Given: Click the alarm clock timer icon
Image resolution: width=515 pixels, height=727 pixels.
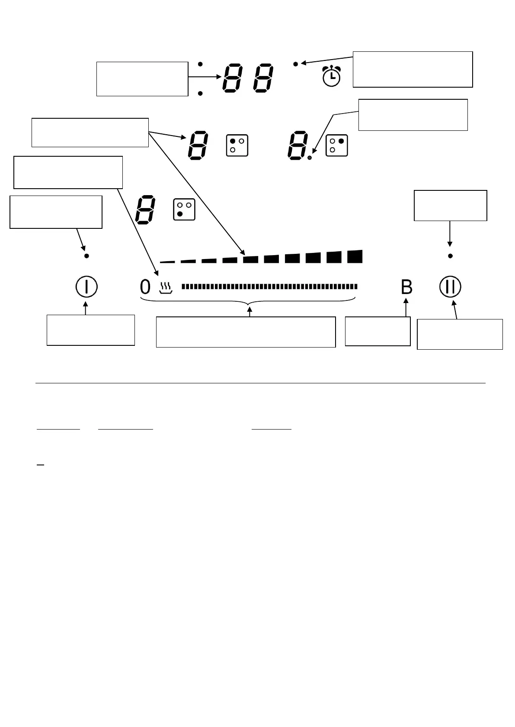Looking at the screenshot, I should point(331,76).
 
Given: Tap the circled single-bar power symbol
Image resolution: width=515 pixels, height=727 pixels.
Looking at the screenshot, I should point(86,287).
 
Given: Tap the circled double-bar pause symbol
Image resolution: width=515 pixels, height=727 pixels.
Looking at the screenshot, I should point(451,287).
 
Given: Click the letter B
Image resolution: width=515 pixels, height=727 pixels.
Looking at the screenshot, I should point(406,287).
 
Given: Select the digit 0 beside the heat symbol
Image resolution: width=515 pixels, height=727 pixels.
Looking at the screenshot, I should point(145,287).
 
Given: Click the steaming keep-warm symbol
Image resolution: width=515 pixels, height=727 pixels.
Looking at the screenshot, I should point(165,288).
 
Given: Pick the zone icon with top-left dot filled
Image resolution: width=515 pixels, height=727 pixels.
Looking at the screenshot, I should point(237,145).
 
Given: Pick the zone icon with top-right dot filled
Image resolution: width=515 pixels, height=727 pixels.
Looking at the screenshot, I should point(337,145).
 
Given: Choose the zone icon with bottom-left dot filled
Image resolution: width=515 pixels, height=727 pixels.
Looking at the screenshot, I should point(184,209).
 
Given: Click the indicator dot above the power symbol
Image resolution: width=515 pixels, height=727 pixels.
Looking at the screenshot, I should point(86,256).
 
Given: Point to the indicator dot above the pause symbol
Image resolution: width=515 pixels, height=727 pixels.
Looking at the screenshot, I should point(450,256).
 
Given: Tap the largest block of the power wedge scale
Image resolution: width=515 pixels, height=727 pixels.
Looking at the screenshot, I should point(355,256).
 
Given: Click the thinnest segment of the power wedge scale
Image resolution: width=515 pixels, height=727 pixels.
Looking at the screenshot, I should point(167,262).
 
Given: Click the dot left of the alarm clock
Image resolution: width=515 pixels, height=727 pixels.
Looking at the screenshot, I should point(296,64).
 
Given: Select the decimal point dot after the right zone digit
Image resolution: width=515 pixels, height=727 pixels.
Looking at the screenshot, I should point(310,158).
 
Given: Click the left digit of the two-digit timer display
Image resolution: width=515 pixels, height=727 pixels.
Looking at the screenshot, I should point(234,78).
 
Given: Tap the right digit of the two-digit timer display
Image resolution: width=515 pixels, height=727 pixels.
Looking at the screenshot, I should point(263,78).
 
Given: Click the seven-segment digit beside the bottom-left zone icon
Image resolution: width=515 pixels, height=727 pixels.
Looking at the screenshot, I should point(145,209).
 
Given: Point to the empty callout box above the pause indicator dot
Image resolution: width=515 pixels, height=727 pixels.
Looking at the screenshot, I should point(450,205).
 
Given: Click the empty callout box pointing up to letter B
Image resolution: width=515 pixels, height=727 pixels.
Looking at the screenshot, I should point(377,331).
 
